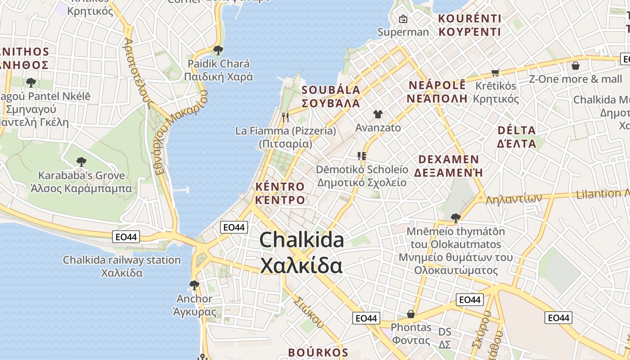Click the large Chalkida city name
301,252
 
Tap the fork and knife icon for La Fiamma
285,117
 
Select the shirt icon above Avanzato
378,114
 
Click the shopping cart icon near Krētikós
495,72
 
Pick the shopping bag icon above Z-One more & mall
575,66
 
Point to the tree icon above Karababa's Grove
81,162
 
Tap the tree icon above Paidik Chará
218,50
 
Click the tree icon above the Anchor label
194,285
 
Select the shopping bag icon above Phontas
411,314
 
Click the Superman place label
403,32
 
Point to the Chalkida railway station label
121,260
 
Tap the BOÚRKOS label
318,352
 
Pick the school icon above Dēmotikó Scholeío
361,156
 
